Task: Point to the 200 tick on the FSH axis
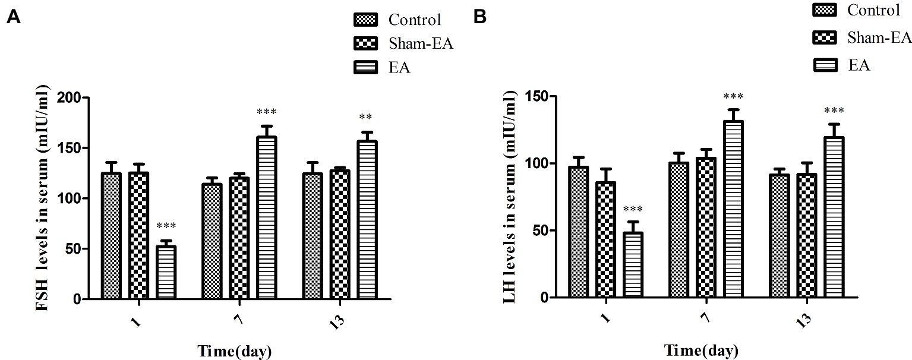tap(69, 97)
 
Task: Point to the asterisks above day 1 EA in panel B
tap(633, 209)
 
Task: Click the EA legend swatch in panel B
tap(825, 65)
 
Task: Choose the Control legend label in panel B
tap(873, 10)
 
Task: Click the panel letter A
tap(13, 18)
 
